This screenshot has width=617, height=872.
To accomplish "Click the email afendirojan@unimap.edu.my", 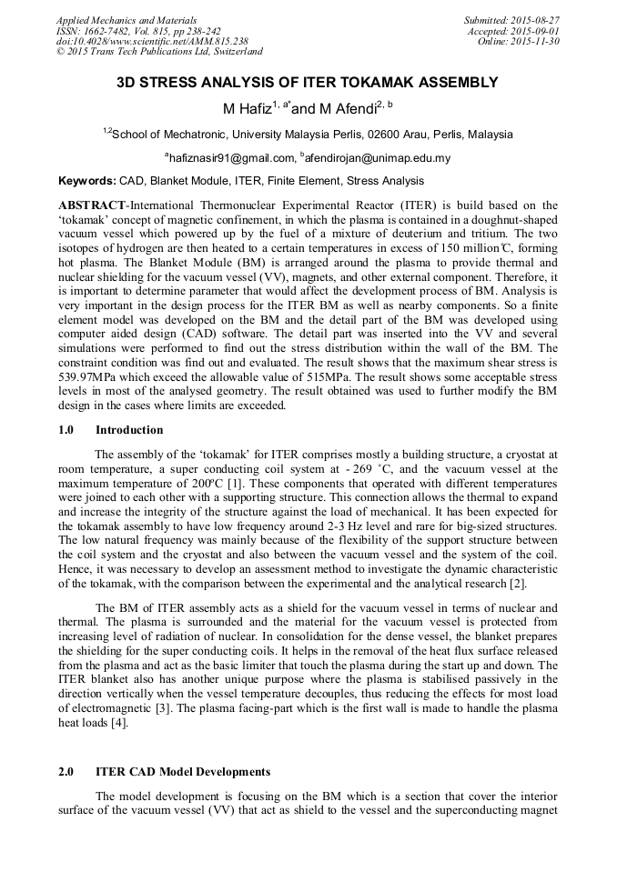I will coord(383,157).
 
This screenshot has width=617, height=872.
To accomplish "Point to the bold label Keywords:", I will coord(87,181).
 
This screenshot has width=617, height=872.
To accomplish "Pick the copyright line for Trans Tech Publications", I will coord(160,53).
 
